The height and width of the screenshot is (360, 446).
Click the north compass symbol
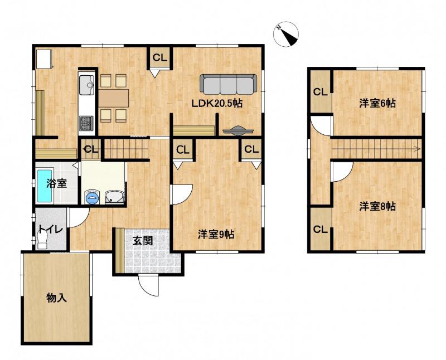[x=286, y=34]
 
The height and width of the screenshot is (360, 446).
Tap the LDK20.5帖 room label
[x=217, y=104]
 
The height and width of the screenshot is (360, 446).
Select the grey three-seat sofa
[x=229, y=84]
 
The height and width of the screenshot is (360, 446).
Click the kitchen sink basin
[x=86, y=85]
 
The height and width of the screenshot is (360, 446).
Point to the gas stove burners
[x=86, y=123]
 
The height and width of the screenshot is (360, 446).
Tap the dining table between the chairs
[x=114, y=98]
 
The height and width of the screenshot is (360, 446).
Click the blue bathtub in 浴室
[x=45, y=186]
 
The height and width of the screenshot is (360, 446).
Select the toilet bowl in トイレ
[x=42, y=240]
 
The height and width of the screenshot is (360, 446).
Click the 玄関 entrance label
[x=143, y=241]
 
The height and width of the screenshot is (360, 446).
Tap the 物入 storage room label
[x=57, y=298]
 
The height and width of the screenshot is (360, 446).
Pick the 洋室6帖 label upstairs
[x=377, y=103]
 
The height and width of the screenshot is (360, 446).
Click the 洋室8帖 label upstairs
[x=377, y=206]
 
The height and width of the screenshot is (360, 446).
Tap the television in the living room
[x=238, y=130]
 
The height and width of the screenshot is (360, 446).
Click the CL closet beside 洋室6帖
[x=321, y=92]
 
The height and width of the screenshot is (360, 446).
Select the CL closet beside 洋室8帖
[x=321, y=229]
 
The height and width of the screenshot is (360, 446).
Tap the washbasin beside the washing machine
[x=114, y=197]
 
